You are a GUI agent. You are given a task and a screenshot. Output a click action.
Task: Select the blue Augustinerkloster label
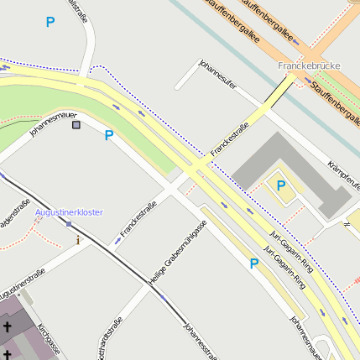69,212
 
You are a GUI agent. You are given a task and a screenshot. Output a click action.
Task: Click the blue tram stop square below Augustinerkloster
69,223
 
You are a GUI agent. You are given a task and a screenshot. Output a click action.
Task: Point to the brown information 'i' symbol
78,240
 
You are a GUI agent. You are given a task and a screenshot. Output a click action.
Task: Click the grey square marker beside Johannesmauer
77,125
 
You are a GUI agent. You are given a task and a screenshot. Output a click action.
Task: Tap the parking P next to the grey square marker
108,135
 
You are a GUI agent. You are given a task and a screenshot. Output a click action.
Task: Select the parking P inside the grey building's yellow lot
281,185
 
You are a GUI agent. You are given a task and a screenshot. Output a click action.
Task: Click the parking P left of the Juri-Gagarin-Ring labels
253,263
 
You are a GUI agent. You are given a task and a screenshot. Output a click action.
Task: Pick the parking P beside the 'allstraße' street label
50,23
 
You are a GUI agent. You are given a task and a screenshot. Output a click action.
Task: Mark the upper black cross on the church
7,326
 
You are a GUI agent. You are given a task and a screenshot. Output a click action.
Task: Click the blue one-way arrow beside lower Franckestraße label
117,241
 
